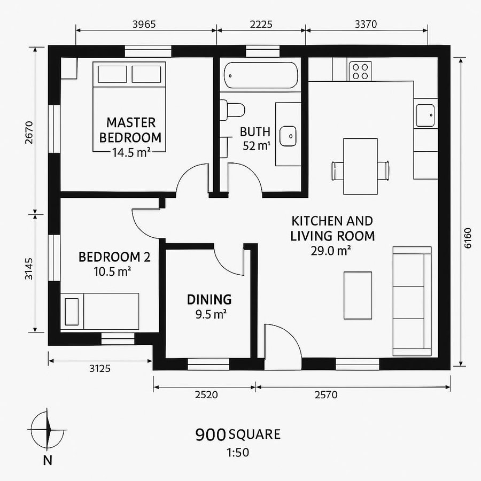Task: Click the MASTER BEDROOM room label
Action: point(130,129)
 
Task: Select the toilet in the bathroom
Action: point(234,110)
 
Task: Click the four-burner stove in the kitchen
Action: point(360,71)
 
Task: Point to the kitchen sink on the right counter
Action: point(426,114)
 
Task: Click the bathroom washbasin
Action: point(288,135)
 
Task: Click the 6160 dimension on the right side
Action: point(468,238)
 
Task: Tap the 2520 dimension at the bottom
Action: point(205,395)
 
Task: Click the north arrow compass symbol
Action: point(48,429)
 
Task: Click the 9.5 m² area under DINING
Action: point(209,315)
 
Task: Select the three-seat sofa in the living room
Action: point(412,301)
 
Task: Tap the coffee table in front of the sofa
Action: point(358,295)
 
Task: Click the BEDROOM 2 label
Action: point(114,257)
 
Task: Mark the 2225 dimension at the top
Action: point(261,24)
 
